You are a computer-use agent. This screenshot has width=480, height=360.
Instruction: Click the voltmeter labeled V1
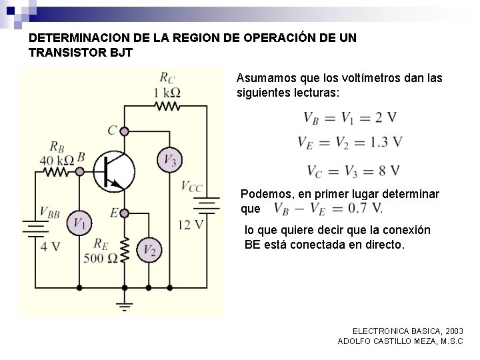pyautogui.click(x=80, y=223)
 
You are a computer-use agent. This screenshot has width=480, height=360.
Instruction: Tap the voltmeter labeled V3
pyautogui.click(x=170, y=160)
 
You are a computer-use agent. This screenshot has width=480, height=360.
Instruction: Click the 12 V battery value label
pyautogui.click(x=191, y=225)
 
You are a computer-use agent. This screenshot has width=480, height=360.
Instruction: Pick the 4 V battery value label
pyautogui.click(x=50, y=246)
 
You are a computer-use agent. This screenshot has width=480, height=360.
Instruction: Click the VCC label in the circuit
pyautogui.click(x=191, y=187)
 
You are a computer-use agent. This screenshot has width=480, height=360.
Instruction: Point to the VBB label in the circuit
pyautogui.click(x=50, y=213)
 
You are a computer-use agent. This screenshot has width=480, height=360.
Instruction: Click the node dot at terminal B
pyautogui.click(x=80, y=171)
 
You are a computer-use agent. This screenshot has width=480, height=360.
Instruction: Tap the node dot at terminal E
pyautogui.click(x=125, y=212)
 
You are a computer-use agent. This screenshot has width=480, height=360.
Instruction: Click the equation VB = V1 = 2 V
pyautogui.click(x=350, y=118)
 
